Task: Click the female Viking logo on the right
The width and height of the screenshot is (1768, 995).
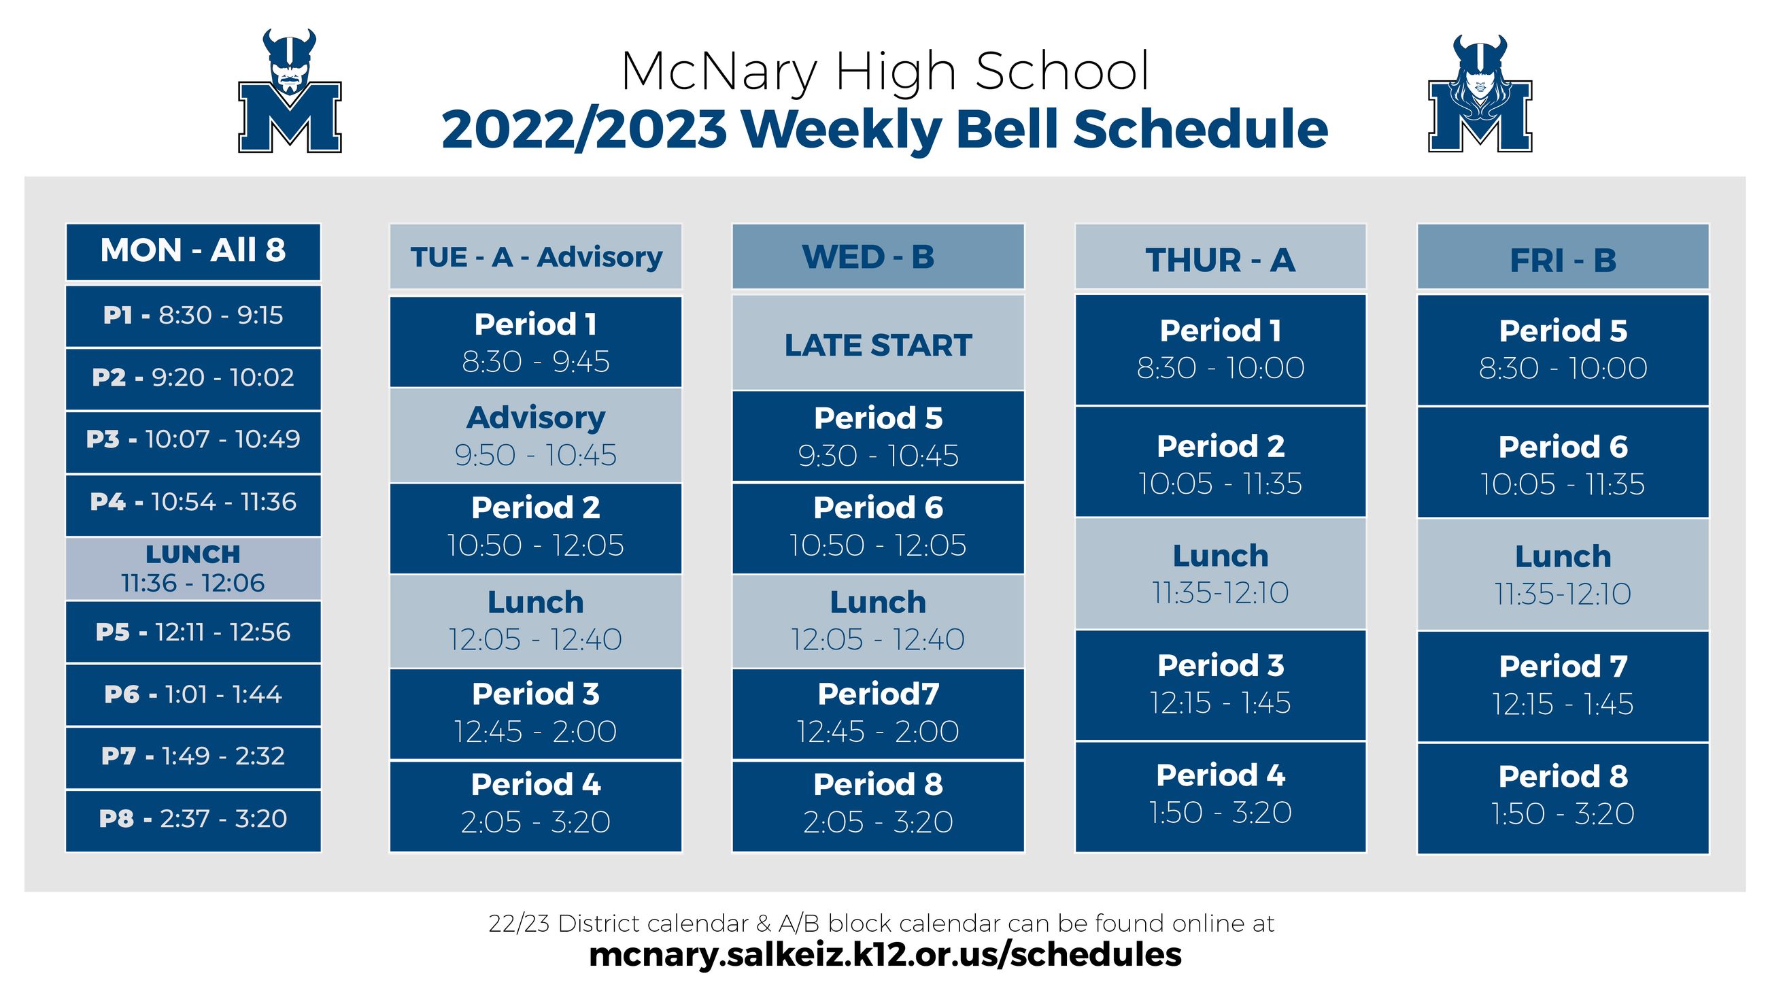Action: [x=1479, y=95]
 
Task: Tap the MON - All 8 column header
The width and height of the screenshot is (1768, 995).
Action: [x=193, y=252]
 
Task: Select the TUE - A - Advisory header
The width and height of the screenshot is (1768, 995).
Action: [x=535, y=257]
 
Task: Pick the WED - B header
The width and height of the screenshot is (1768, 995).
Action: [x=878, y=257]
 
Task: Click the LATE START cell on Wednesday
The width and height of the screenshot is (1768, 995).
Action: [x=878, y=343]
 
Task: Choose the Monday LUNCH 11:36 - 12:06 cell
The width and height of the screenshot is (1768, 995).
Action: [x=193, y=569]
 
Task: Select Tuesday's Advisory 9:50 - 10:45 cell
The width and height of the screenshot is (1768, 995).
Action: [x=535, y=436]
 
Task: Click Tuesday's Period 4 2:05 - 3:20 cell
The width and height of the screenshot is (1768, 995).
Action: [x=535, y=805]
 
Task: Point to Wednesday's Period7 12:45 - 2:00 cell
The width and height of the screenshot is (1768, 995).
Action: [x=878, y=713]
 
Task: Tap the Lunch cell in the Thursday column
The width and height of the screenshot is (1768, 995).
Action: [x=1220, y=574]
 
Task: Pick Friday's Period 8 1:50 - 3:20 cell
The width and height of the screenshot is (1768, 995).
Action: [x=1562, y=796]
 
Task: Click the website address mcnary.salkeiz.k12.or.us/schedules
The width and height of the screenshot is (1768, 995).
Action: [x=885, y=954]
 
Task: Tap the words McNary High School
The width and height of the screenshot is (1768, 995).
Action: [x=885, y=71]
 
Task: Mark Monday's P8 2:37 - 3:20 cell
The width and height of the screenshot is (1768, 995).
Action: [x=193, y=820]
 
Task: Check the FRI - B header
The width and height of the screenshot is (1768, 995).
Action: [x=1562, y=258]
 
